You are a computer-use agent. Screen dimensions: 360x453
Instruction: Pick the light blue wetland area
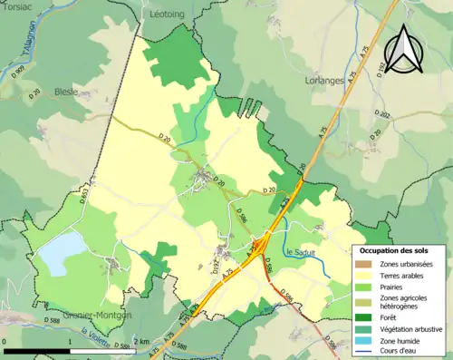coord(56,253)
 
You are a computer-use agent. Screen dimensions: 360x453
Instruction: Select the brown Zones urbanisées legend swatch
coord(367,264)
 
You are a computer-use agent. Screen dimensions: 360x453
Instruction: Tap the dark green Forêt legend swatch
coord(367,316)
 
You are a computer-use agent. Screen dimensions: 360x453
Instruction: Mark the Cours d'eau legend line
coord(367,354)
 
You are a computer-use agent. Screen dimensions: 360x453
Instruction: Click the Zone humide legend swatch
coord(367,341)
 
